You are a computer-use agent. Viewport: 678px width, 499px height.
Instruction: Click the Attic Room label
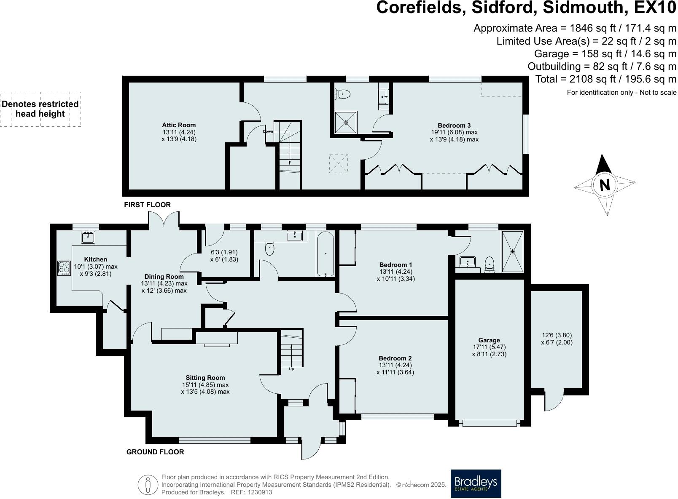pos(179,125)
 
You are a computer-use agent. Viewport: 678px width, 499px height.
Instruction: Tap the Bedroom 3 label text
pos(454,125)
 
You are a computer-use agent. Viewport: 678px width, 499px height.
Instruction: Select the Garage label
pos(489,340)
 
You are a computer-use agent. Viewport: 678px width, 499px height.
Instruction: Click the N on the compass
pos(605,184)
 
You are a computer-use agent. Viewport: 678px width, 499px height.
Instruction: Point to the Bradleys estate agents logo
pos(476,483)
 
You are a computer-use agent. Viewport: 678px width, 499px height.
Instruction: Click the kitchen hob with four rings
pos(64,268)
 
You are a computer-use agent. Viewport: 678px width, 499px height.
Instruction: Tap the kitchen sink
pos(88,237)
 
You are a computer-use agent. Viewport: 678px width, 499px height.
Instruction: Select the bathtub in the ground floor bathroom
pos(326,254)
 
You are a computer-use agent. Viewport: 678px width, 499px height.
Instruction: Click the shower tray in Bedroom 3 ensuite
pos(346,123)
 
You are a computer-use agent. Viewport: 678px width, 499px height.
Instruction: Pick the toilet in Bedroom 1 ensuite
pos(489,264)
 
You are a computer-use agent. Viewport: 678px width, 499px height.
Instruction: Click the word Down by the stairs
pos(268,131)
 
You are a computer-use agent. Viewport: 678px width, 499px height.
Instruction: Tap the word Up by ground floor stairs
pos(291,369)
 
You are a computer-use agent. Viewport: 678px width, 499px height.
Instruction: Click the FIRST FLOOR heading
pos(147,205)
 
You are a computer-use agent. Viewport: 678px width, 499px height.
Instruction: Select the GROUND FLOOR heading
pos(155,452)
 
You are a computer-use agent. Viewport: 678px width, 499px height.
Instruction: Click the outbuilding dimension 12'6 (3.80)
pos(557,336)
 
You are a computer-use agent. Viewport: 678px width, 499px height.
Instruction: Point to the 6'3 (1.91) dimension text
pos(224,253)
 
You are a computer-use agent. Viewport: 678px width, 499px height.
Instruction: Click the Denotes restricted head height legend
pos(40,109)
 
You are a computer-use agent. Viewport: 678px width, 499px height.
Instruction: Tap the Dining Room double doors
pos(164,220)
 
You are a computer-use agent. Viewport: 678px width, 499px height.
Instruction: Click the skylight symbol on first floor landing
pos(338,164)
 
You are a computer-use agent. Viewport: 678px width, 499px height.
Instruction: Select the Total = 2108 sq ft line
pos(605,79)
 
